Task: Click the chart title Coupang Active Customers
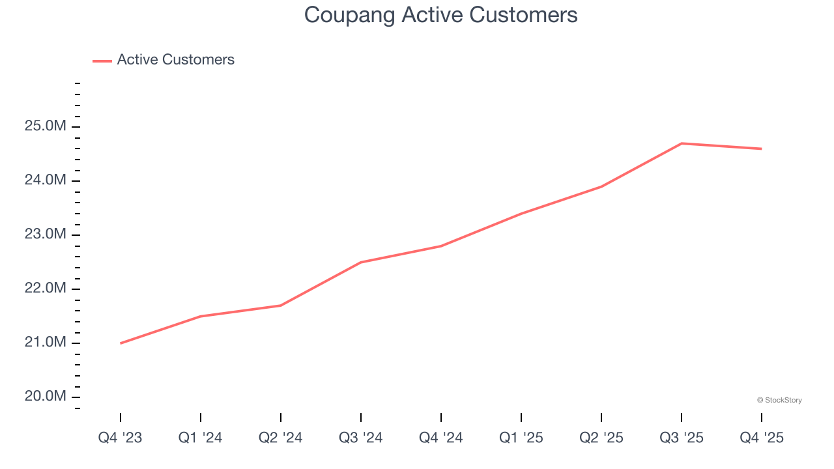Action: coord(440,15)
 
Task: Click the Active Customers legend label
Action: coord(175,60)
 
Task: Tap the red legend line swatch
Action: coord(102,61)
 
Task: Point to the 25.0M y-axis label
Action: coord(46,126)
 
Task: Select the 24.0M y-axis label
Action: coord(46,180)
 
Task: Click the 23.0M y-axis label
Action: coord(46,234)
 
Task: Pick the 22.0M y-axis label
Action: coord(46,289)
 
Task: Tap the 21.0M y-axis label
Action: coord(46,343)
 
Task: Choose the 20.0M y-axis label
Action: coord(46,397)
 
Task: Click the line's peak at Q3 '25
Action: coord(681,143)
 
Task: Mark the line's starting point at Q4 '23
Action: coord(121,343)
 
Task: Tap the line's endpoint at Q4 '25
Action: coord(761,149)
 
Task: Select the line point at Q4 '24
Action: coord(441,246)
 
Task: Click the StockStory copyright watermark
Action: coord(779,400)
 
